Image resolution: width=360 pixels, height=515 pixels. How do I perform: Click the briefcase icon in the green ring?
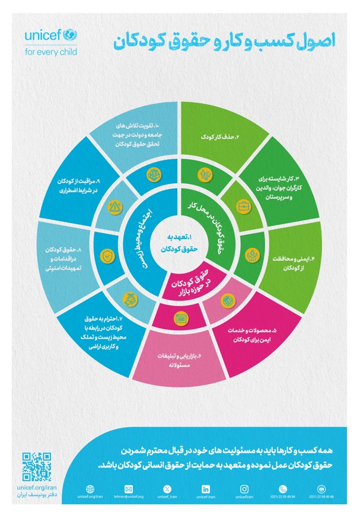tap(243, 207)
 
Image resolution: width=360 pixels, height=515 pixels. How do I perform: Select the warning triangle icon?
tap(114, 207)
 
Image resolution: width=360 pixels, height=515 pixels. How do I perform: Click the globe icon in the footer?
tap(90, 488)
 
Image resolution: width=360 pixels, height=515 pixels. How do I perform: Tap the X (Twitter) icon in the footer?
tap(167, 488)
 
